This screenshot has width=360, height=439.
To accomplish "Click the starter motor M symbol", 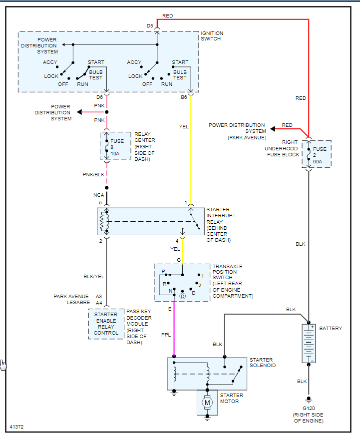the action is pos(207,403).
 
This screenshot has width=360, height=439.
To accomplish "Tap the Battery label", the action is pos(331,328).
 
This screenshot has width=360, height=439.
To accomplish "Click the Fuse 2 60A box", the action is pos(317,154).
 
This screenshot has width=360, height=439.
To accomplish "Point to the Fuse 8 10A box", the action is pos(115,146).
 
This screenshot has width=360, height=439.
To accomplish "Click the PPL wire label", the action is pos(166,335).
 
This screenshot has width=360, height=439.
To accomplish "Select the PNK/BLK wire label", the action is pos(93,174).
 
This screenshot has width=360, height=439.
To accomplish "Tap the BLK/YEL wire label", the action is pos(94,276).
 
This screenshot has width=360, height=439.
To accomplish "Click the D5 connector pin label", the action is pos(150,26).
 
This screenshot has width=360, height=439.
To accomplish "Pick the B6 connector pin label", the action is pos(184,97).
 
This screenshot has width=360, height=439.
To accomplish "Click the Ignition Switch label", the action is pos(212,36).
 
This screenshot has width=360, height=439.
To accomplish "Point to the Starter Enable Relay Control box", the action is pos(106,324).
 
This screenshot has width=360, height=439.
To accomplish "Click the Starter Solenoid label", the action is pos(263,363).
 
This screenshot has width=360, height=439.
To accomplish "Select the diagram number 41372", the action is pos(16,427).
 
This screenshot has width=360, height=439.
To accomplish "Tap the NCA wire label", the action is pos(98,195).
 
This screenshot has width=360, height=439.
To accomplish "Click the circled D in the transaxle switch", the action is pos(182,296).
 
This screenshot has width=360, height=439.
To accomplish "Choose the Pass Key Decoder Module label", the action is pos(139,327).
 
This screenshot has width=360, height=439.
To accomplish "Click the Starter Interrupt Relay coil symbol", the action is pos(104,221).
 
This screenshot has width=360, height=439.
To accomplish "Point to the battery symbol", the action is pos(309,343).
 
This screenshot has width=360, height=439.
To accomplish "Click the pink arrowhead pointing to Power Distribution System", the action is pos(79,112).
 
